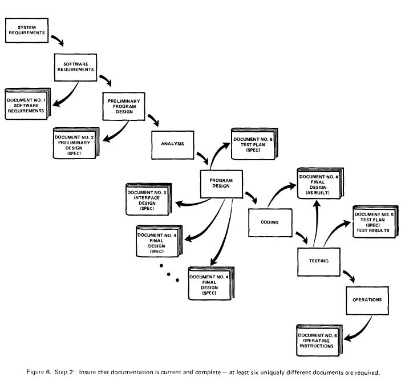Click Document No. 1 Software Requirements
pyautogui.click(x=25, y=105)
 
